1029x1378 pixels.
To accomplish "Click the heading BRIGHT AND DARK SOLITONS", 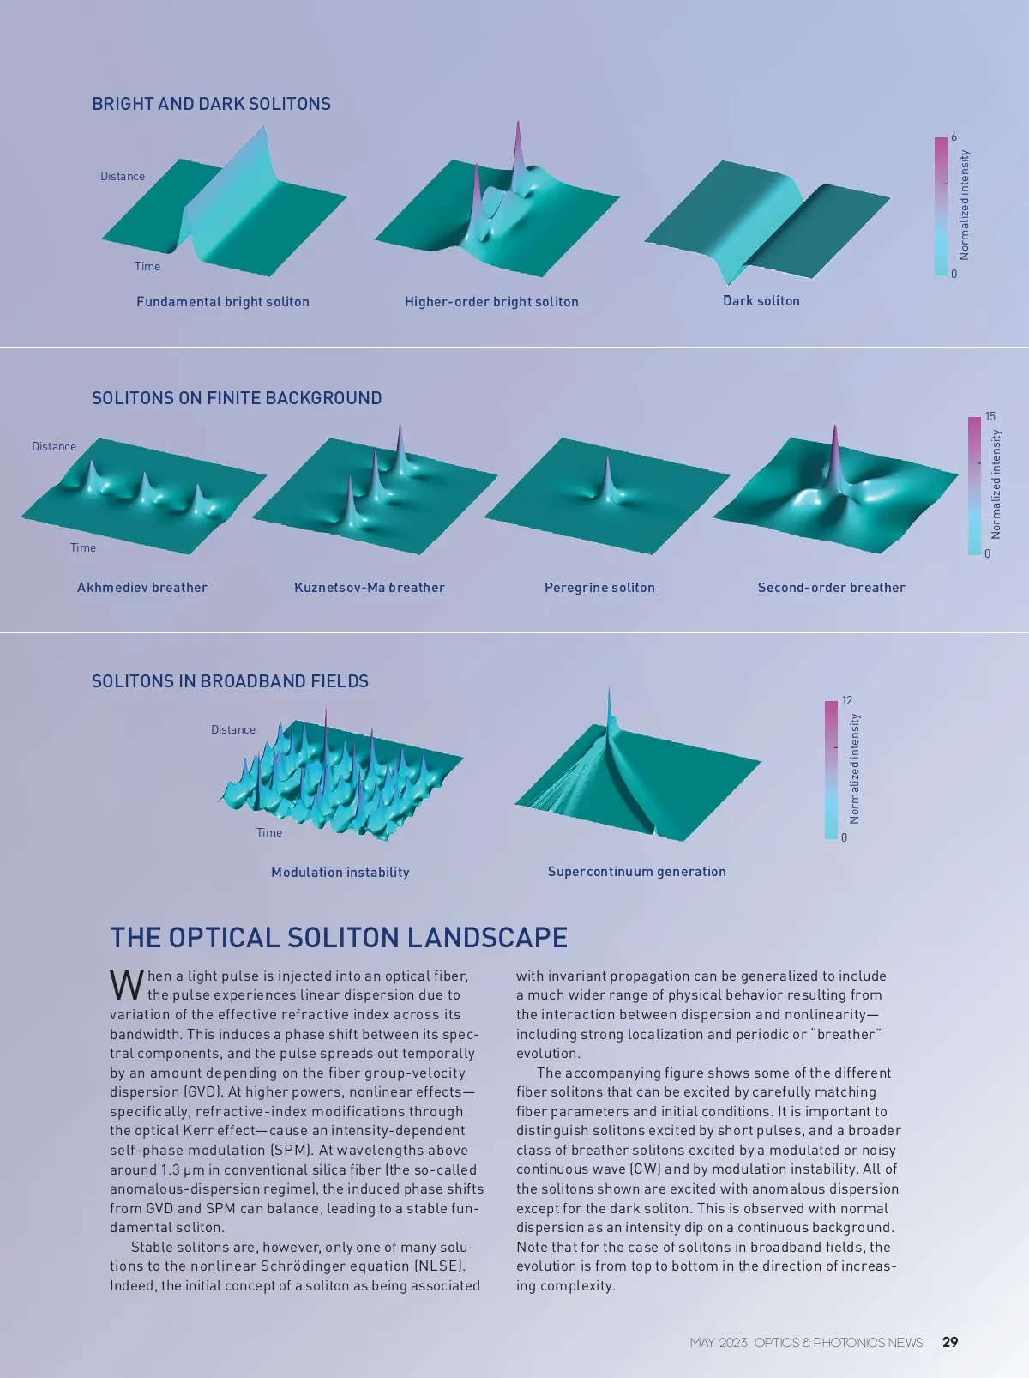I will tap(211, 104).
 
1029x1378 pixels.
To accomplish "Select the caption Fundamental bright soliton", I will tap(223, 302).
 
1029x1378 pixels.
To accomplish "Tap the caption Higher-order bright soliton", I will tap(491, 302).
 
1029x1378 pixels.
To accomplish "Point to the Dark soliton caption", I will tap(761, 301).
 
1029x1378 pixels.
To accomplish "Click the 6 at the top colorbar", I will tap(954, 137).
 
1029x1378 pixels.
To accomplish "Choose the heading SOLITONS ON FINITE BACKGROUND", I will tap(237, 398).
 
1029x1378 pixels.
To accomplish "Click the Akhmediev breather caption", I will tap(142, 588).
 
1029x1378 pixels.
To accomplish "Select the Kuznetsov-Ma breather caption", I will tap(370, 588).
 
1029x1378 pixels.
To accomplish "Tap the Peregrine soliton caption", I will tap(599, 588).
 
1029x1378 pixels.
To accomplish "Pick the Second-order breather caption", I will tap(831, 588).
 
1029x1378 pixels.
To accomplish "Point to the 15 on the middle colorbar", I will tap(990, 417).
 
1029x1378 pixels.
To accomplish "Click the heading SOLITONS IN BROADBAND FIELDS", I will tap(230, 681).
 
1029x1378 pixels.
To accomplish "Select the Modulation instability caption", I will tap(340, 873).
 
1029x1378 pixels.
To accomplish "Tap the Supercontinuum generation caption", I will tap(637, 872).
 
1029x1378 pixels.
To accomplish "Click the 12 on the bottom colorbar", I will tap(847, 701).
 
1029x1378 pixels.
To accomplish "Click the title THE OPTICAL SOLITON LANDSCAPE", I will tap(339, 938).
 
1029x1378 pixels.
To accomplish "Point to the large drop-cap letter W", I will tap(126, 985).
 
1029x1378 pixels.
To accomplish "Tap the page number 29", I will tap(950, 1342).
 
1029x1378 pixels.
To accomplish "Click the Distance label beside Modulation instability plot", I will tap(233, 730).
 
